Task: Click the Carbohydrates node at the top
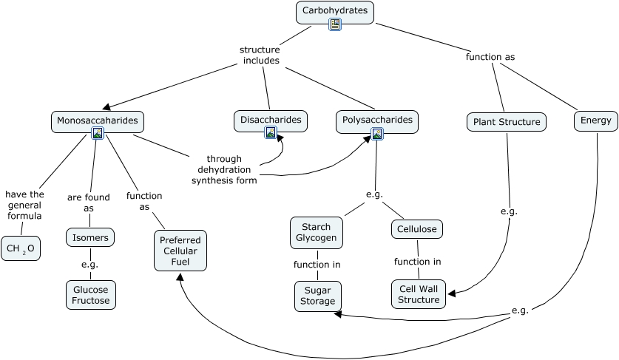335,12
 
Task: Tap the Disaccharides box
271,120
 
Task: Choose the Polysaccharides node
376,120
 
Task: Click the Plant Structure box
507,122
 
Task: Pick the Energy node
595,121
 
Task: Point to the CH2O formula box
21,249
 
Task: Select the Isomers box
90,237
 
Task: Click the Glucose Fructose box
91,295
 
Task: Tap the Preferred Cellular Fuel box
180,251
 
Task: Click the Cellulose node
416,230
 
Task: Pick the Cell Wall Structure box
419,294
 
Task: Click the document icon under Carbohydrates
335,25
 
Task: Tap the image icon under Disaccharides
271,133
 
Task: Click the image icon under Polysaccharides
377,134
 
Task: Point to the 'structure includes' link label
260,55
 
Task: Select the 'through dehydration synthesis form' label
224,169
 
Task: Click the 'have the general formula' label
24,206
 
